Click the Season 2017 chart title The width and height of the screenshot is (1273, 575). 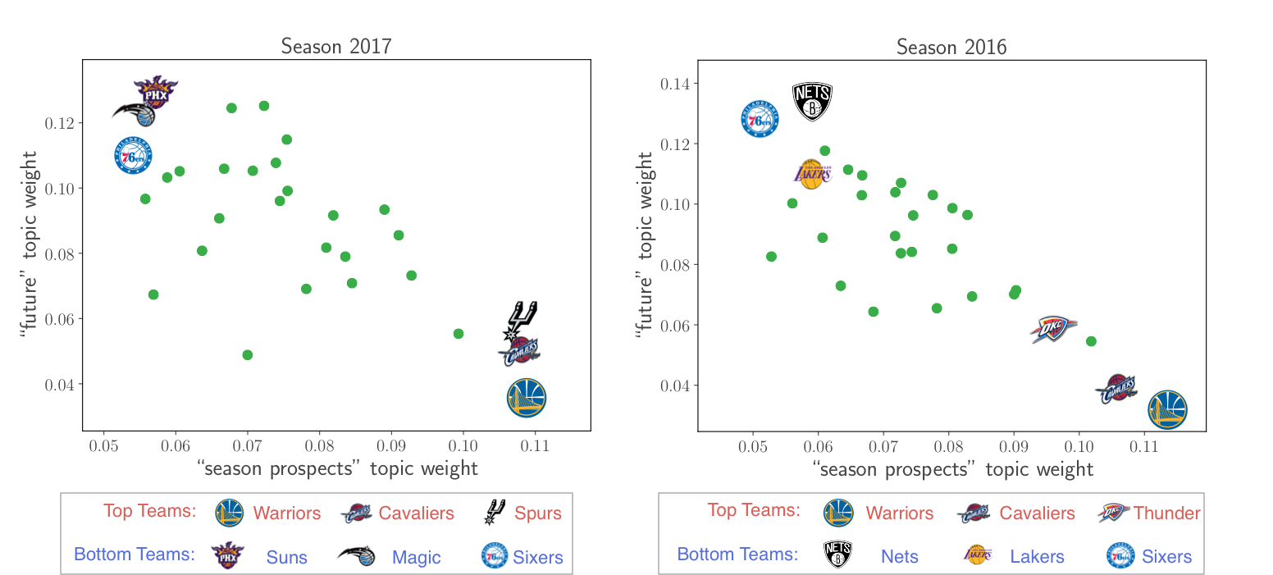[x=336, y=46]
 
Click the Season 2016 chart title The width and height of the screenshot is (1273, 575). [x=951, y=47]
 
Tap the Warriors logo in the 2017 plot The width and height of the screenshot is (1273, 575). [x=527, y=398]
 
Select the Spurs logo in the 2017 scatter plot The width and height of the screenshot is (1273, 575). [x=522, y=321]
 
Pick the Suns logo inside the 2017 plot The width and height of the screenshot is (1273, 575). [x=156, y=93]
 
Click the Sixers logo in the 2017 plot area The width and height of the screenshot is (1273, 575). [x=134, y=155]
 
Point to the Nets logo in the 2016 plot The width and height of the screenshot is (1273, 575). [x=812, y=102]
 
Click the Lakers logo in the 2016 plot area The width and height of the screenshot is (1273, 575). [x=812, y=173]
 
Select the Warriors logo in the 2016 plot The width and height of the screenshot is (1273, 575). [x=1167, y=410]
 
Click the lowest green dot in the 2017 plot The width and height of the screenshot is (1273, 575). [x=248, y=355]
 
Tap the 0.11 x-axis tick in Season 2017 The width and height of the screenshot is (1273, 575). [x=535, y=446]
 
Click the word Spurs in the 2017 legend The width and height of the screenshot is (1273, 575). [x=538, y=513]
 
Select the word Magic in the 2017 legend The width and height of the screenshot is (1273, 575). [x=417, y=558]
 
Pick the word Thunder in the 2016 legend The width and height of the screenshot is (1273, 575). [x=1166, y=513]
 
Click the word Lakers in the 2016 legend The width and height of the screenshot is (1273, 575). [x=1037, y=557]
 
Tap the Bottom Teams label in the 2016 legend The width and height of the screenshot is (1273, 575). [x=737, y=554]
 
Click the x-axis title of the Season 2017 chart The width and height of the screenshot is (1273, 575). [x=337, y=468]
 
